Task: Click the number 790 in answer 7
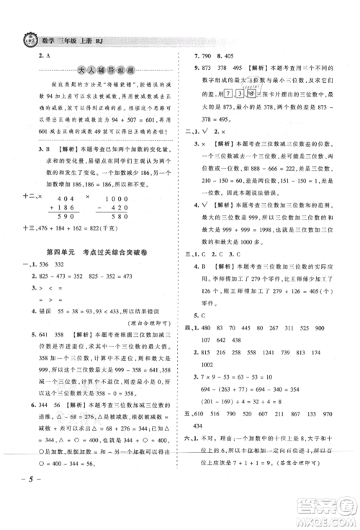(215, 55)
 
